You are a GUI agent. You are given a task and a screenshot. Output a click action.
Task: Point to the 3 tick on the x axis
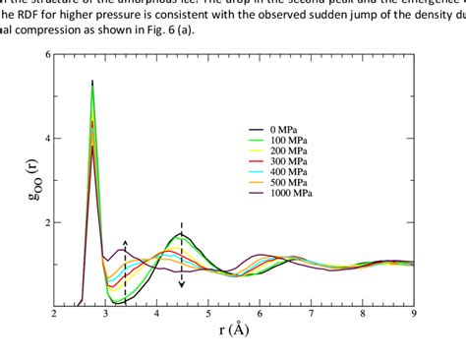click(105, 315)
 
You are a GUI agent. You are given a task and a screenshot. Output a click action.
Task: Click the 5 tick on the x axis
click(208, 315)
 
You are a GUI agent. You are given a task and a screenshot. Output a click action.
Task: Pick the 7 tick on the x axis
click(312, 315)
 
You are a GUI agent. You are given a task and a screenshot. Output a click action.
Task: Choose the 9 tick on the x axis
click(414, 315)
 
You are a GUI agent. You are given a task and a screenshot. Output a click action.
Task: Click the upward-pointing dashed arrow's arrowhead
click(125, 242)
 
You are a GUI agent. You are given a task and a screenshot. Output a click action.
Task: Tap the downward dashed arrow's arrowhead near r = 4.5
click(182, 284)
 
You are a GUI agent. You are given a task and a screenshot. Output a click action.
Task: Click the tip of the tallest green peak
click(92, 88)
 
